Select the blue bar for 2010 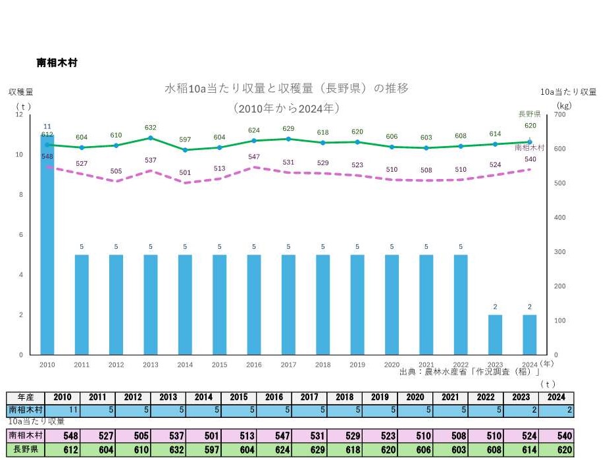pyautogui.click(x=47, y=243)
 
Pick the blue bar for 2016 pyautogui.click(x=254, y=304)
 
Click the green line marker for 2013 pyautogui.click(x=151, y=138)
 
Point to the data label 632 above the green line pyautogui.click(x=151, y=128)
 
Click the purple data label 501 pyautogui.click(x=185, y=172)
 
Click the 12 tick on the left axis pyautogui.click(x=19, y=115)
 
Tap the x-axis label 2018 pyautogui.click(x=322, y=364)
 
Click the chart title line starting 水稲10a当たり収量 pyautogui.click(x=286, y=88)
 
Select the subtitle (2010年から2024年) pyautogui.click(x=286, y=107)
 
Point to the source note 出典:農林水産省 pyautogui.click(x=469, y=372)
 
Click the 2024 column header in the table pyautogui.click(x=555, y=398)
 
